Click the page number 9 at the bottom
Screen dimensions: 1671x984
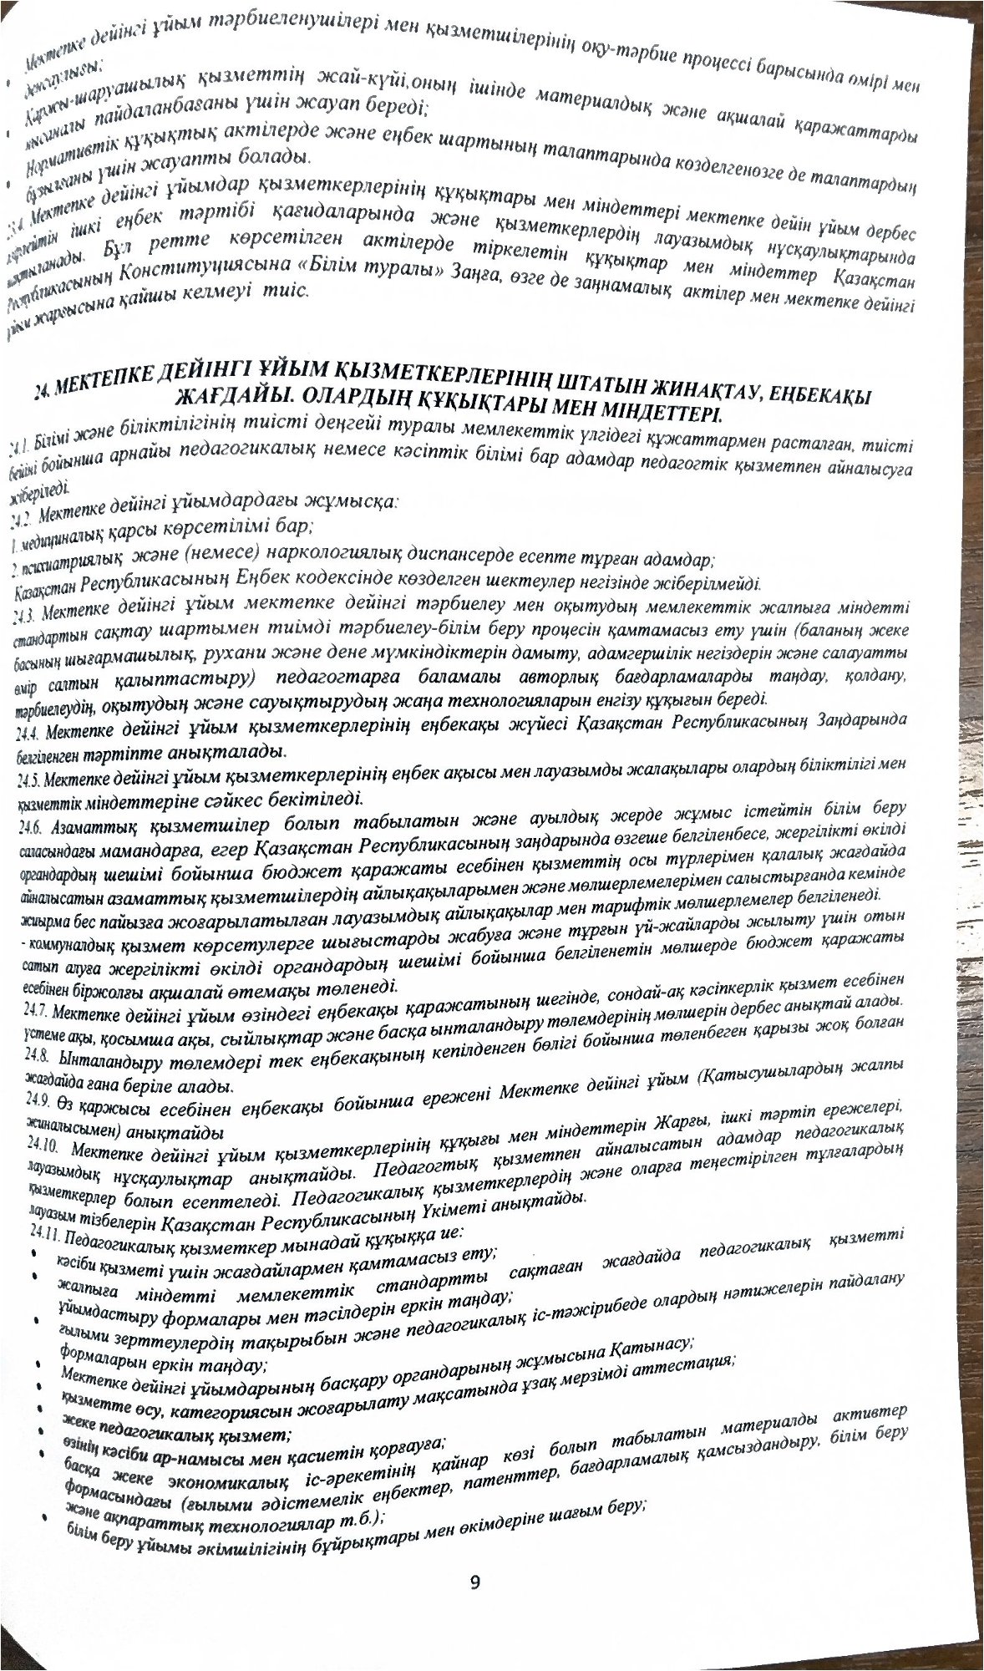click(x=474, y=1579)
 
